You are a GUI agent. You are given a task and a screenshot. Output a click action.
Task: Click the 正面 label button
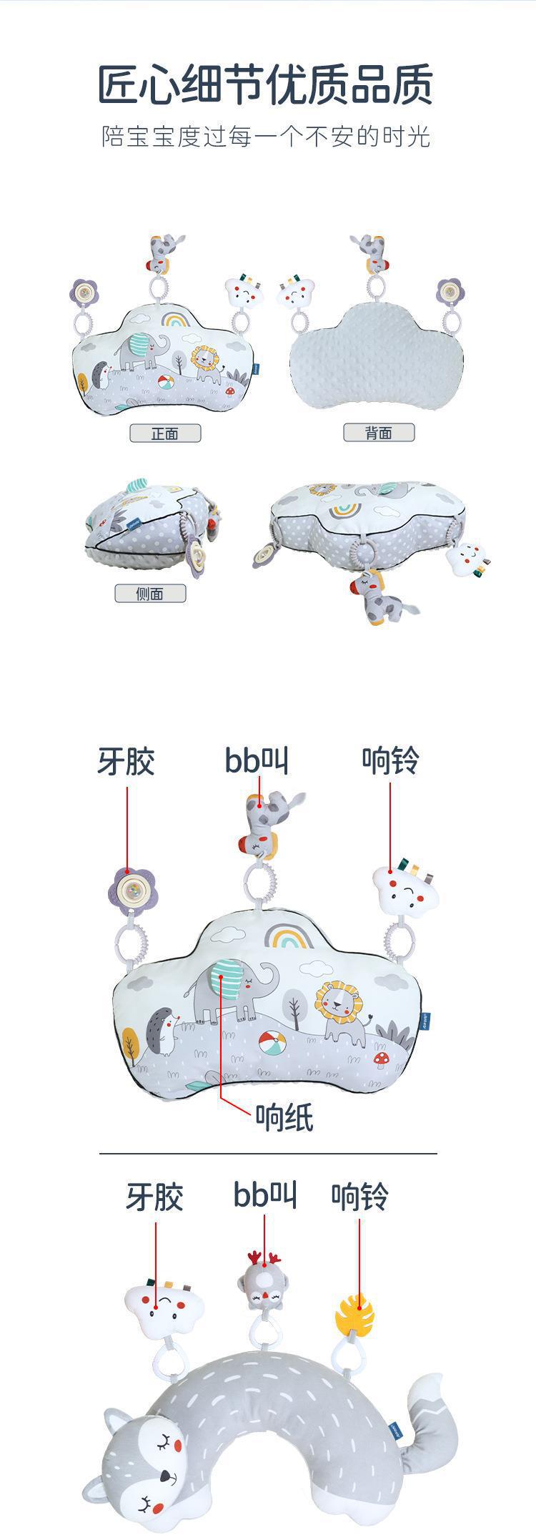165,433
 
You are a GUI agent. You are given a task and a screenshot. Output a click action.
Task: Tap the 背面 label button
379,432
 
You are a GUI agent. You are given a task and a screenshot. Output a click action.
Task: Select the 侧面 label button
150,593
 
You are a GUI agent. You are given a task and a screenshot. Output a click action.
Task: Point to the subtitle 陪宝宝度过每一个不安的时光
266,136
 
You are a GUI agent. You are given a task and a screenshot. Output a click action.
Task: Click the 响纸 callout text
284,1117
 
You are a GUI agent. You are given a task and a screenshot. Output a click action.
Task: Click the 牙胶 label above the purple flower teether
126,761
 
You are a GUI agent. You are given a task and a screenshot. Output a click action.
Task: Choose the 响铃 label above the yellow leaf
359,1196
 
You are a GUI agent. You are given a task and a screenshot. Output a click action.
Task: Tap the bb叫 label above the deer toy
264,1195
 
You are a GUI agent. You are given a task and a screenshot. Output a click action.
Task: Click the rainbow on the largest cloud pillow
291,934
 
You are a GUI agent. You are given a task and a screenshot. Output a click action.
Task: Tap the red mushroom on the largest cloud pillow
381,1057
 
